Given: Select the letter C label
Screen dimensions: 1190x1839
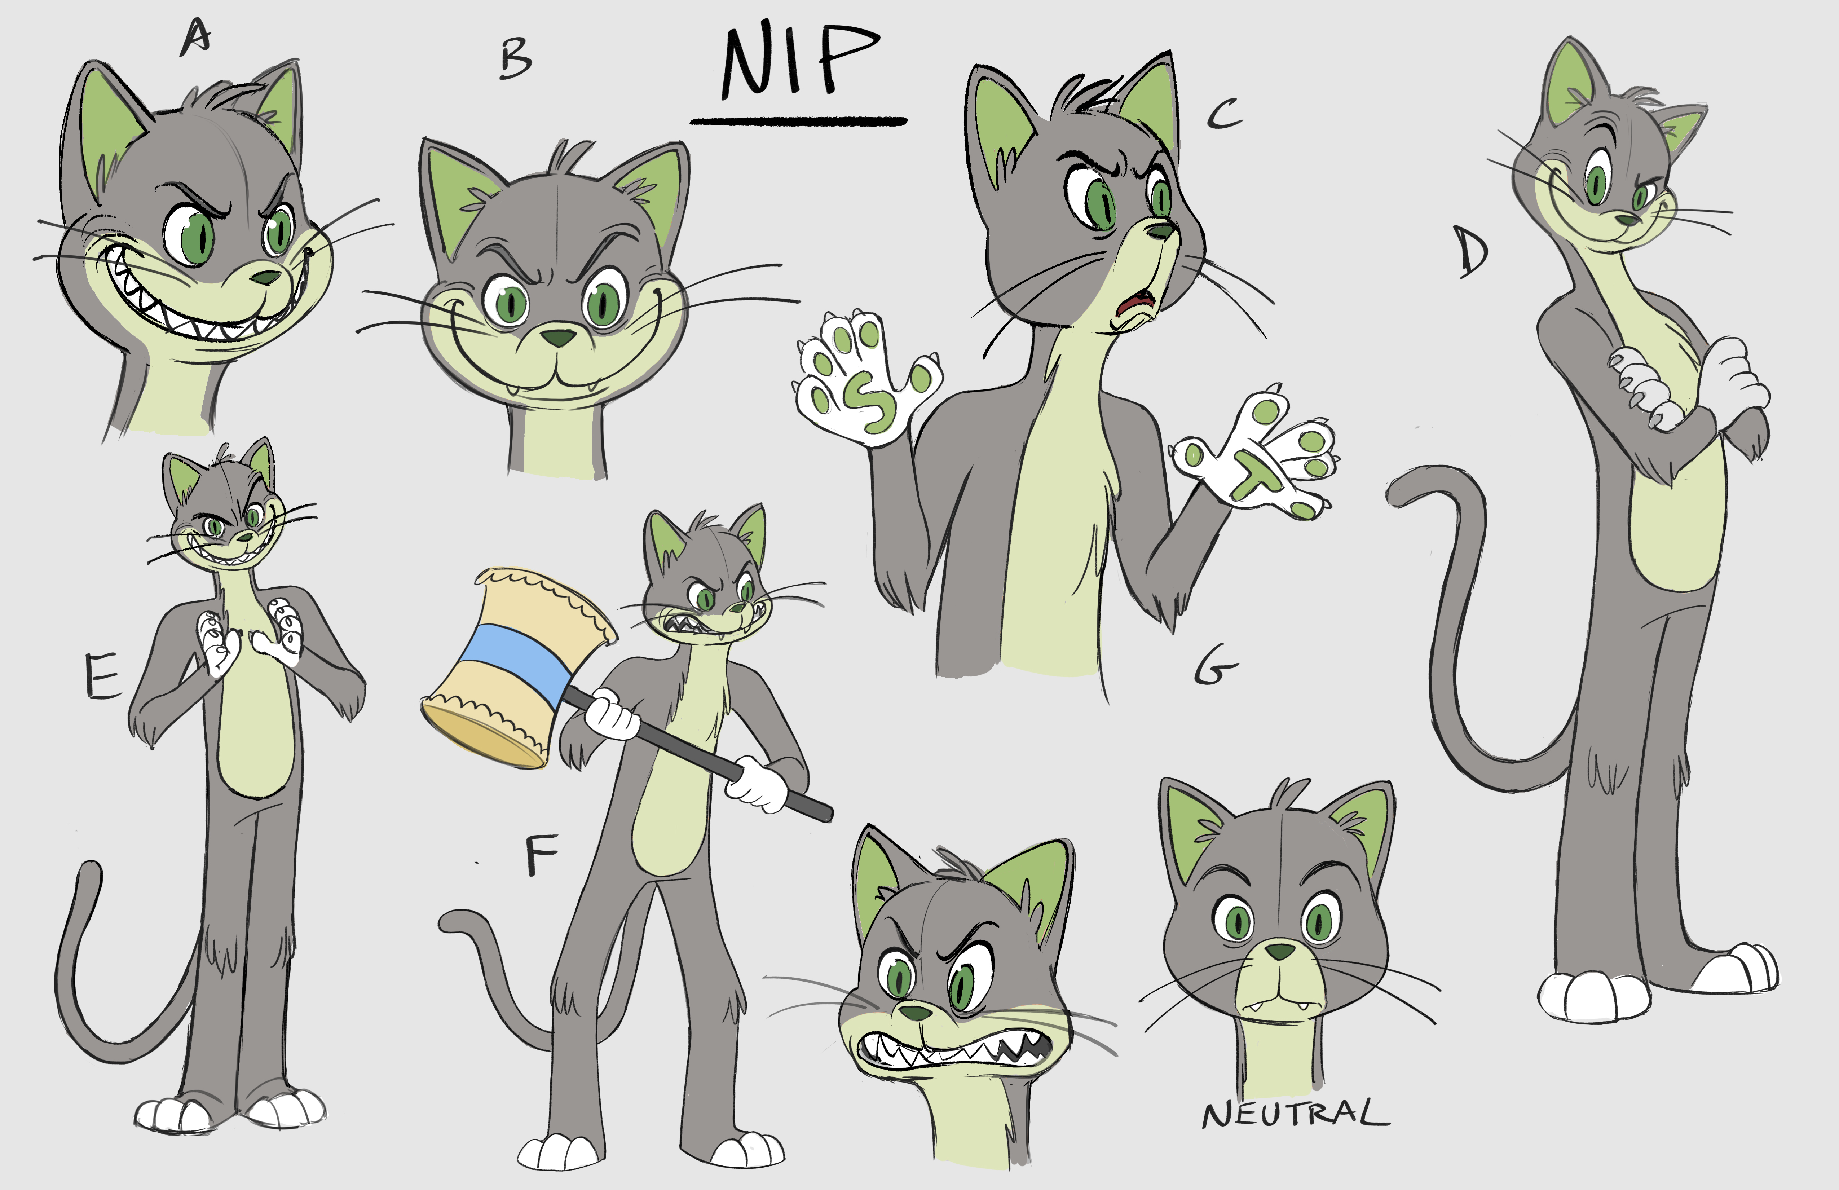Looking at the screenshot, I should pyautogui.click(x=1225, y=114).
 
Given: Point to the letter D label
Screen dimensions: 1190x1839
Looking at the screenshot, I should pyautogui.click(x=1472, y=251).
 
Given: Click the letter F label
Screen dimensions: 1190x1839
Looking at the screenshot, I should pyautogui.click(x=541, y=856).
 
